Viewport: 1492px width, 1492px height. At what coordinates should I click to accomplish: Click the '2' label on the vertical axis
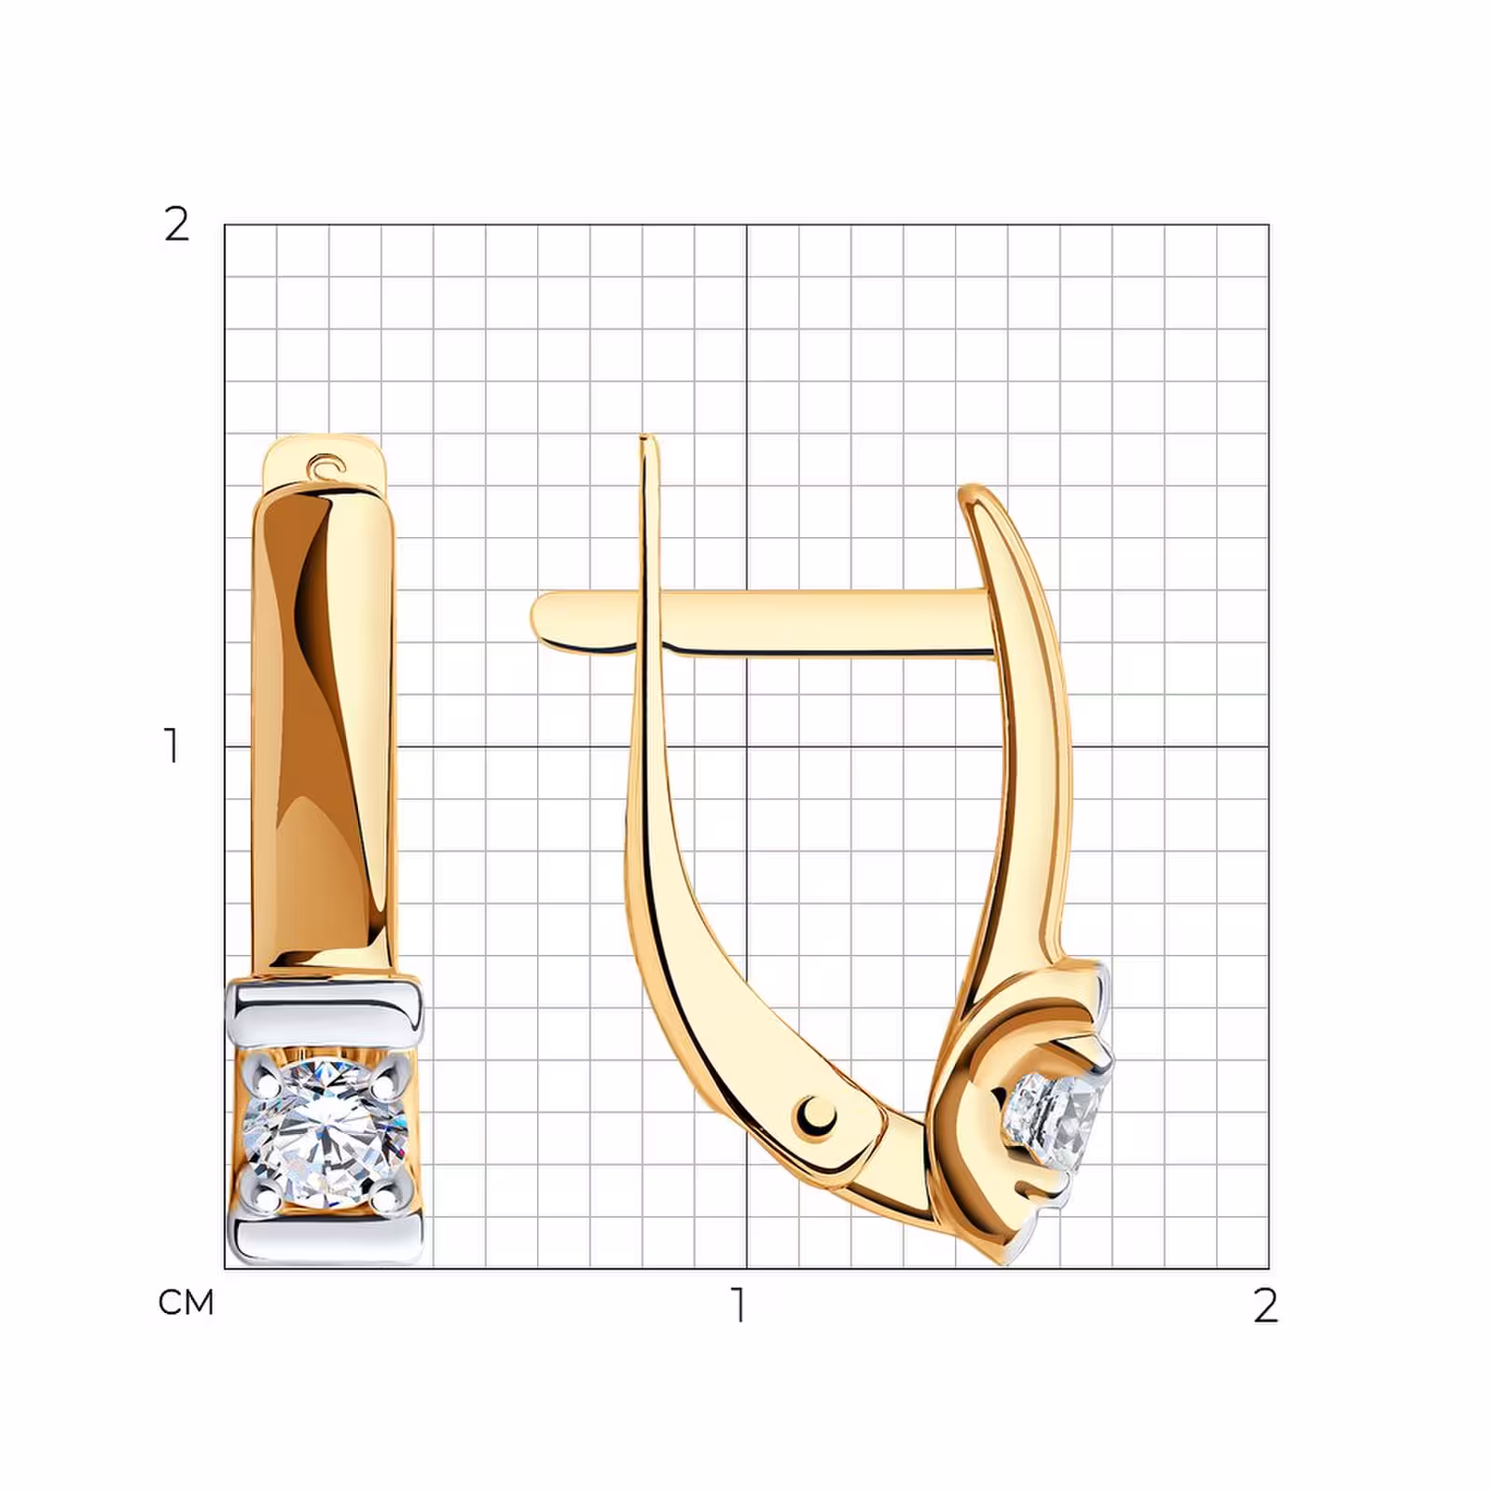176,225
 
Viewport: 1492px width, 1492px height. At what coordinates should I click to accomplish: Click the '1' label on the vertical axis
172,746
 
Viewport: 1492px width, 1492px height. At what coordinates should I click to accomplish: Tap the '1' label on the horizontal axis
739,1305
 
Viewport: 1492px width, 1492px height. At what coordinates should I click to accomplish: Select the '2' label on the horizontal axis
1264,1305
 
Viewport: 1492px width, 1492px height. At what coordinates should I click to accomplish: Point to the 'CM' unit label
186,1303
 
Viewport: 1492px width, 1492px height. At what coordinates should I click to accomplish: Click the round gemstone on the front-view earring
325,1135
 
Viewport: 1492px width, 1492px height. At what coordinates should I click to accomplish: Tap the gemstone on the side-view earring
1057,1118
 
